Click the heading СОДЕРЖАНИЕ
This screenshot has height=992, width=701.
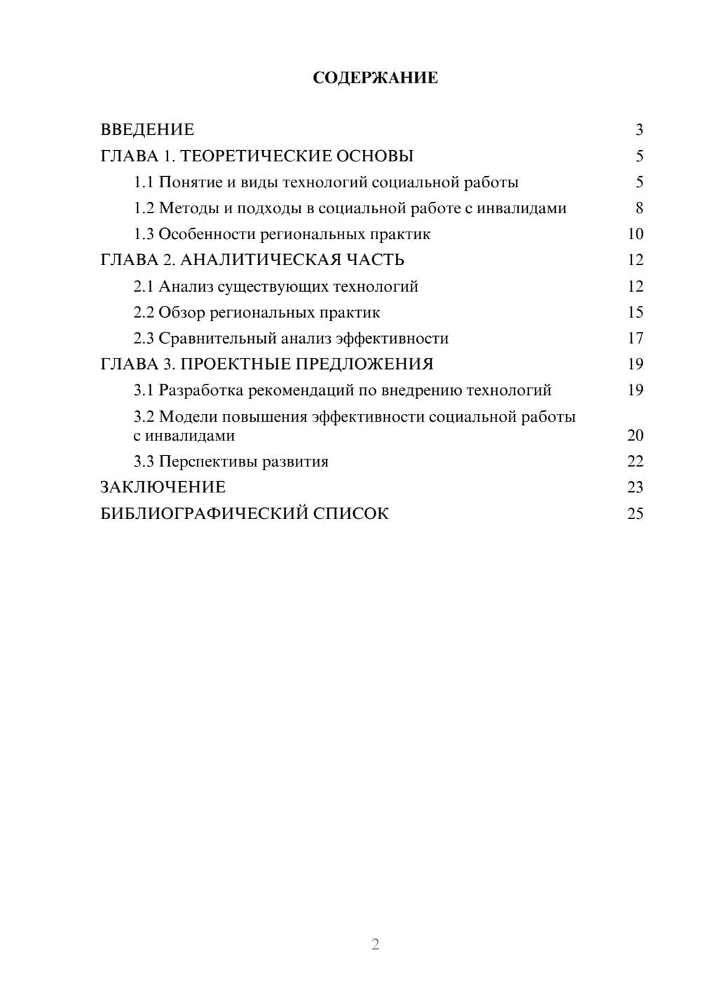pos(375,78)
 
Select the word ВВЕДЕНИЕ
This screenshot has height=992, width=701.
pos(147,130)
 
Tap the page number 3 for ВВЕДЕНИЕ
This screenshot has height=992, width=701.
pos(639,130)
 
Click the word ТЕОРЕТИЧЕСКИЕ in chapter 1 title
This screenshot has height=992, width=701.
pos(246,156)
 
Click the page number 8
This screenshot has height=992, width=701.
pos(639,208)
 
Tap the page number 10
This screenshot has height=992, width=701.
pos(635,234)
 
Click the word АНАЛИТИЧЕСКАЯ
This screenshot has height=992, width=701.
pos(259,260)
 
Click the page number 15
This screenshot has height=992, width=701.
pos(635,313)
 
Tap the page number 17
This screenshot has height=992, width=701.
pos(635,339)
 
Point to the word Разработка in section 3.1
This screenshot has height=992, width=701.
pos(201,391)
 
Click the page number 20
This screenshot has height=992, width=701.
pos(635,436)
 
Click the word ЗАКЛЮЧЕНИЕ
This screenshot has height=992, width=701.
pos(163,488)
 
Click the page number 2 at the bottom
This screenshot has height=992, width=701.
pos(375,944)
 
